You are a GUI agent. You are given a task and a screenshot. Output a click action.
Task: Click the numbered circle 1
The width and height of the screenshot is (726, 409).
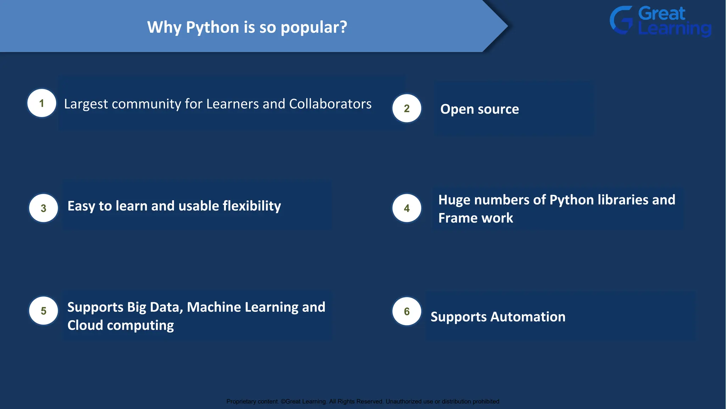point(42,103)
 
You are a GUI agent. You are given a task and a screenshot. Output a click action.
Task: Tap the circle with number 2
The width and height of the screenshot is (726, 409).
point(407,108)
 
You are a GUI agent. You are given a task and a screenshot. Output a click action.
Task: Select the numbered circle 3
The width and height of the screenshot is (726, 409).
point(43,208)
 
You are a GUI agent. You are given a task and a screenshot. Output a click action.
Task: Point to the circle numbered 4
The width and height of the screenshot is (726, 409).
point(407,208)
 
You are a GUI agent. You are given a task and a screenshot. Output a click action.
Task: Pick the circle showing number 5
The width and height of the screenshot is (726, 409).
point(43,311)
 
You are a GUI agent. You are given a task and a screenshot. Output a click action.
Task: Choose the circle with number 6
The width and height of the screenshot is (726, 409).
point(407,311)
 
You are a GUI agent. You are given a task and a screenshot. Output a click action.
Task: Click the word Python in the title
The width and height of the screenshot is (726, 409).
point(212,28)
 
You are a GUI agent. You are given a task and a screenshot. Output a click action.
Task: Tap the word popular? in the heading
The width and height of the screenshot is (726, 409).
point(314,28)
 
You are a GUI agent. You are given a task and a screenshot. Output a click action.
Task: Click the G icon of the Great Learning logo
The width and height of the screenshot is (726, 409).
point(621,20)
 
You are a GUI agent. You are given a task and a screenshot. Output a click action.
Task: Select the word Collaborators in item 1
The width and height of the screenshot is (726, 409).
point(330,104)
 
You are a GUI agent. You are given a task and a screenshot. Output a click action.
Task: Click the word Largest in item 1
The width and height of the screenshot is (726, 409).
point(86,104)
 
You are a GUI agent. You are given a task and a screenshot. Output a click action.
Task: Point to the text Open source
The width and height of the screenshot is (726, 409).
point(479,109)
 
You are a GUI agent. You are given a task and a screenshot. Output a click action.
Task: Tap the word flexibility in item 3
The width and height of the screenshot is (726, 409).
point(252,206)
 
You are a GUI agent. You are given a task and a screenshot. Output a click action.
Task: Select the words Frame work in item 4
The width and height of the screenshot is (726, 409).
point(475,218)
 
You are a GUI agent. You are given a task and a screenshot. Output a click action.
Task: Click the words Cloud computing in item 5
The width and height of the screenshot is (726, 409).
point(121,325)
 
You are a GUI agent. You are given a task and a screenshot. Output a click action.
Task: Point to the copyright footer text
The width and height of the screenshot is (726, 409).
point(363,402)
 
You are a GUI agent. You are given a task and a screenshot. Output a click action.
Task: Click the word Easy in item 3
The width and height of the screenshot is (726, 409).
point(81,206)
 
